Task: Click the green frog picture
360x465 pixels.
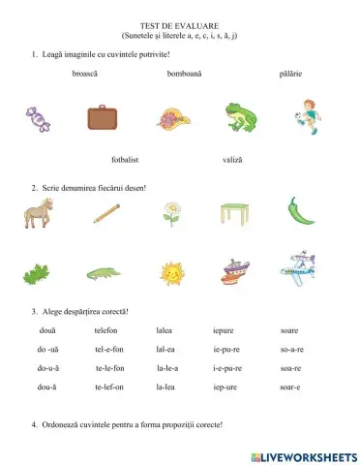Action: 239,116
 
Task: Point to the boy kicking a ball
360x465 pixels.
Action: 307,115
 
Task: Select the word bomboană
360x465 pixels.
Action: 184,73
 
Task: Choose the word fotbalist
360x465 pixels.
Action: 129,158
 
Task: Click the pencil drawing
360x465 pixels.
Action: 106,213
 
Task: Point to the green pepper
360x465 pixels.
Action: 299,211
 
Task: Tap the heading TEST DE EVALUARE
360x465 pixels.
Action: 180,30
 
